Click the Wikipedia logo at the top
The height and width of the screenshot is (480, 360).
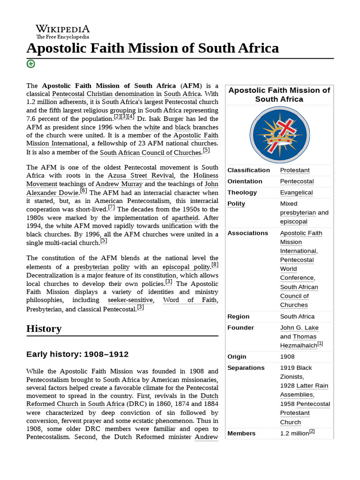(x=63, y=31)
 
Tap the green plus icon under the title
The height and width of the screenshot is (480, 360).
(x=31, y=64)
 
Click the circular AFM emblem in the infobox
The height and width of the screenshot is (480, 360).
(x=279, y=135)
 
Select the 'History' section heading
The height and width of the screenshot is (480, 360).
(x=44, y=328)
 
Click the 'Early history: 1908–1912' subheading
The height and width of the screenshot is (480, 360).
(x=77, y=354)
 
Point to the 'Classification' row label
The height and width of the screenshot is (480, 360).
(x=248, y=170)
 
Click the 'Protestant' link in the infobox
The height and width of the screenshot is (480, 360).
(x=295, y=170)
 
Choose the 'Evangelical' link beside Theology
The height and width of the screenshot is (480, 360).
(x=296, y=193)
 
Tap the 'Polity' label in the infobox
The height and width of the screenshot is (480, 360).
(x=236, y=204)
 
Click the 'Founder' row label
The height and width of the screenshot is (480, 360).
(x=240, y=328)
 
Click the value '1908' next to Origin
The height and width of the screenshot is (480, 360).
(x=287, y=357)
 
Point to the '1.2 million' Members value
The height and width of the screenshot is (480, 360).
(x=294, y=434)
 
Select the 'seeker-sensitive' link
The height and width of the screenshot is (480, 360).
(x=130, y=300)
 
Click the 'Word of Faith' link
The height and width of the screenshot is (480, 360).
(x=190, y=300)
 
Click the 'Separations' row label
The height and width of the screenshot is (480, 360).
(x=246, y=368)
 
